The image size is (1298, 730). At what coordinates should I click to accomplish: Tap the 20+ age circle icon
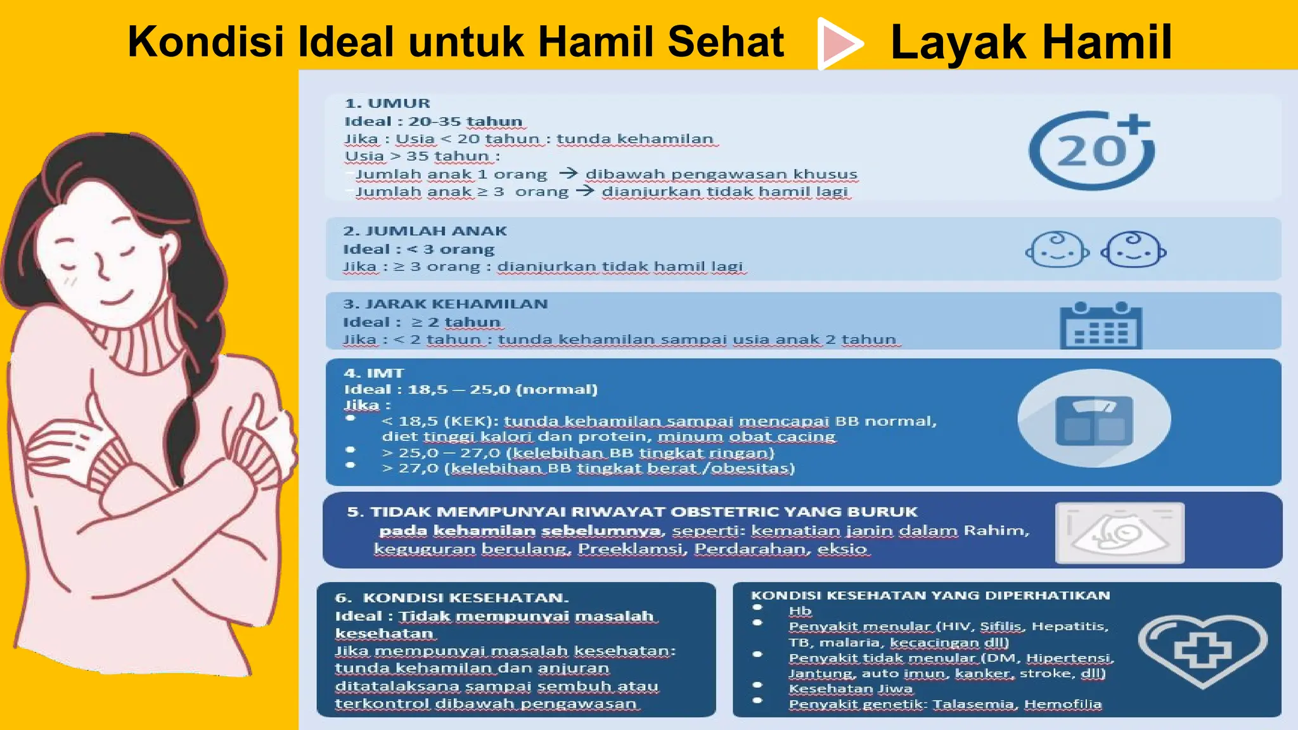click(x=1091, y=151)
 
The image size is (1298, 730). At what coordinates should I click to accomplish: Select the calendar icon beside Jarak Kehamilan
click(x=1101, y=326)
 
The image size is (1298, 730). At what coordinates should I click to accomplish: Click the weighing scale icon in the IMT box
click(x=1094, y=419)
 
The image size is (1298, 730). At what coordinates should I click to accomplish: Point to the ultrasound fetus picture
click(x=1119, y=533)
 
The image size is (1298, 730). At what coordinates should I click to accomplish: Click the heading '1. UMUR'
click(x=387, y=103)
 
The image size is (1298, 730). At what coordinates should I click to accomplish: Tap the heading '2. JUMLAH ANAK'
click(x=425, y=231)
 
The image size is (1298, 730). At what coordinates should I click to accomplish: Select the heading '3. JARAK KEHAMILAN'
click(x=445, y=304)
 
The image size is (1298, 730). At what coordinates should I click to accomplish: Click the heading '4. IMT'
click(x=373, y=373)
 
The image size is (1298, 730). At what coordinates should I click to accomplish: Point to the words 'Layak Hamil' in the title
click(x=1031, y=43)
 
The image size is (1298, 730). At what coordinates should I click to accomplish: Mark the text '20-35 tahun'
click(x=465, y=122)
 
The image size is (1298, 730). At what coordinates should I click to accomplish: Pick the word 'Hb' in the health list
click(x=800, y=611)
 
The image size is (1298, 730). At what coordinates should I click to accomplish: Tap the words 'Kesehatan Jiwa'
click(x=851, y=689)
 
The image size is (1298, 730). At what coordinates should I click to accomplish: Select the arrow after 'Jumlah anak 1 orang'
click(x=569, y=173)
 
